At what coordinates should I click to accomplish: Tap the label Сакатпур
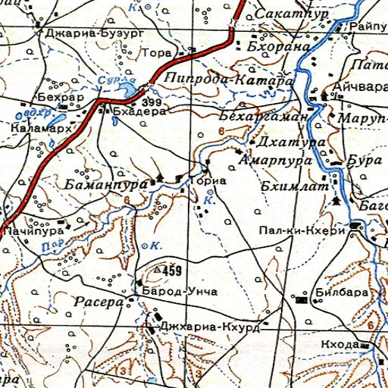tap(284, 14)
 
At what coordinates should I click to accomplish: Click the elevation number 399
tap(151, 102)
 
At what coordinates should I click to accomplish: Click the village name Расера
tap(99, 302)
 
